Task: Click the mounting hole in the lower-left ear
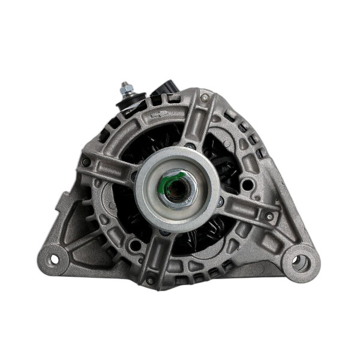pyautogui.click(x=53, y=259)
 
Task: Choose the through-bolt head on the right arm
pyautogui.click(x=269, y=217)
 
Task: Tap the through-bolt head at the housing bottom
pyautogui.click(x=150, y=280)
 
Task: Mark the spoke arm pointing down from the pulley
pyautogui.click(x=160, y=255)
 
